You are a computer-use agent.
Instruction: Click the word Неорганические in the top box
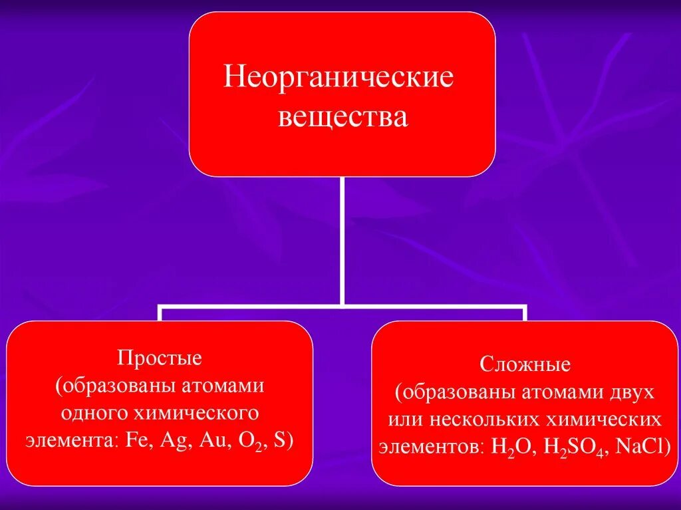(x=339, y=77)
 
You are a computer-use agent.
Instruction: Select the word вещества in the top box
(x=342, y=118)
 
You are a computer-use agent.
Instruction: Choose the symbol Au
(x=210, y=442)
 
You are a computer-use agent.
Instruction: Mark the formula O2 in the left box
(x=248, y=443)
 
